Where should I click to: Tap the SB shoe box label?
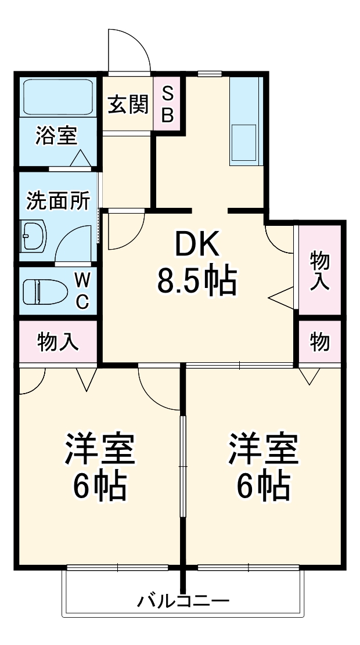tap(167, 105)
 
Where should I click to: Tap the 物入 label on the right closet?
tap(319, 271)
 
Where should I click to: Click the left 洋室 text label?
tap(99, 450)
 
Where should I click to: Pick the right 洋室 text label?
tap(263, 450)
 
